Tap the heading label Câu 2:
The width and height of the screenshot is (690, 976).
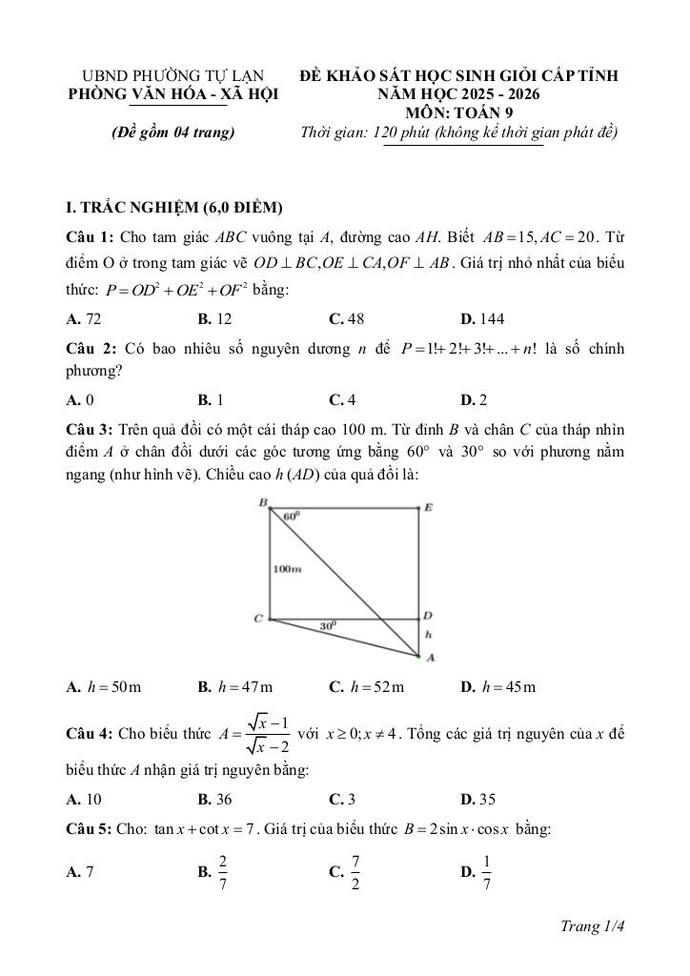click(89, 349)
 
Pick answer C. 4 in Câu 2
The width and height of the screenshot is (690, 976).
click(343, 399)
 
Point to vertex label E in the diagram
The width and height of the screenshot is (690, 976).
click(428, 508)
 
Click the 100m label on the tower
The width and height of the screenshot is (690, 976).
click(287, 569)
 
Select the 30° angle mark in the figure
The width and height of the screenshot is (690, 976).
click(327, 626)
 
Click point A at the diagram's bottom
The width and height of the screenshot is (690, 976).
click(430, 658)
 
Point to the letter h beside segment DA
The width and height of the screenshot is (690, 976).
click(428, 634)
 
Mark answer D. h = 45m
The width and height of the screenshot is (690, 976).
click(497, 686)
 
